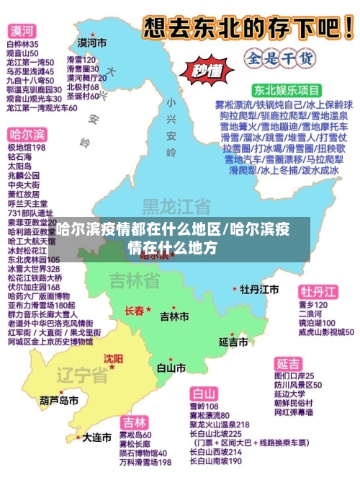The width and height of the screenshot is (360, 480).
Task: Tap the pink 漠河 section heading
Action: click(x=22, y=31)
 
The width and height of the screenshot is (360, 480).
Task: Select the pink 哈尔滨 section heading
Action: click(x=27, y=135)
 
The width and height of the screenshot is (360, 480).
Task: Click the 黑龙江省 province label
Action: click(x=176, y=206)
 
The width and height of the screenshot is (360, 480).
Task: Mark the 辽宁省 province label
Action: click(x=83, y=375)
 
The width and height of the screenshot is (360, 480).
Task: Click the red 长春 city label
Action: click(x=134, y=311)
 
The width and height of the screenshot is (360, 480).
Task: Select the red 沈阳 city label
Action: click(x=113, y=358)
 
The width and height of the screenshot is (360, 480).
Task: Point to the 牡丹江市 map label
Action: click(x=259, y=289)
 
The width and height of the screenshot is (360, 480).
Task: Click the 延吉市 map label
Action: click(x=233, y=341)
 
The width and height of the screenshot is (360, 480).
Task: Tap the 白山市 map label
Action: click(x=171, y=368)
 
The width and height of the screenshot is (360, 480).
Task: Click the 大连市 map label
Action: click(x=96, y=437)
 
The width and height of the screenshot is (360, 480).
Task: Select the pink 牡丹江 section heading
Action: click(x=318, y=292)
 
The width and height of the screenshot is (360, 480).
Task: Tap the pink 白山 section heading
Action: click(x=204, y=394)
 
